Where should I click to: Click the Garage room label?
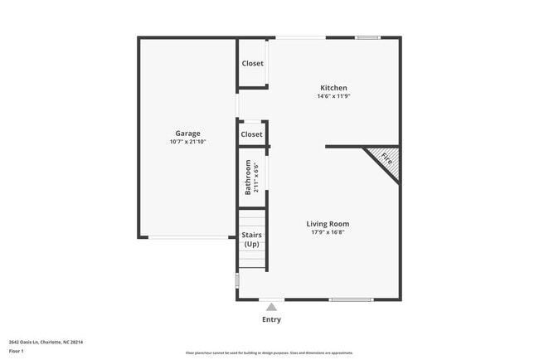click(x=187, y=134)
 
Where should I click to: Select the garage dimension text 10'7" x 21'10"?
click(x=187, y=142)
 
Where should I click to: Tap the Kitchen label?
click(x=333, y=88)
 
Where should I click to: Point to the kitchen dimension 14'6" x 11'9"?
click(x=333, y=96)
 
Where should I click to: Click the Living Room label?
click(x=328, y=224)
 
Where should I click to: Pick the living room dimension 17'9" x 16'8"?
click(x=328, y=232)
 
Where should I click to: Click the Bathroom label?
click(x=248, y=178)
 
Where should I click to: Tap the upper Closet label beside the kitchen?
click(x=252, y=64)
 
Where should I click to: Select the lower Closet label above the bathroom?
click(x=251, y=134)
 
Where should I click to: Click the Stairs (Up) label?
click(x=251, y=240)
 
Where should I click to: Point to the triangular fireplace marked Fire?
click(x=384, y=158)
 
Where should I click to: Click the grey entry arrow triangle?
click(x=271, y=307)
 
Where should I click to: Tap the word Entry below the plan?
click(x=271, y=319)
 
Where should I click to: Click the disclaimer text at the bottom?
click(x=270, y=353)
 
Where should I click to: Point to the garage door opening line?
click(x=188, y=238)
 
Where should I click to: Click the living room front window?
click(x=351, y=299)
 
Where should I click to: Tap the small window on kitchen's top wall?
click(x=367, y=37)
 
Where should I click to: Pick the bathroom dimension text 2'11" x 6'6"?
click(x=257, y=178)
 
